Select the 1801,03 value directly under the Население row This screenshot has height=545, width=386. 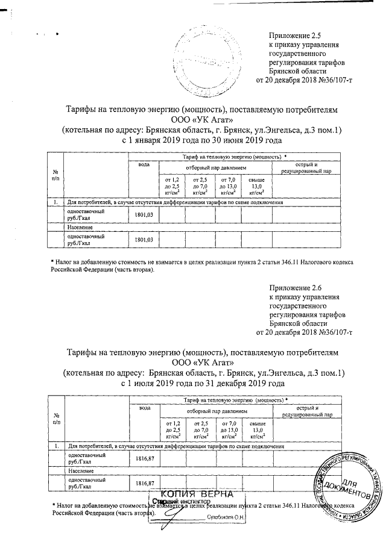(144, 240)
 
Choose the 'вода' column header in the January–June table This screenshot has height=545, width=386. (144, 164)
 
